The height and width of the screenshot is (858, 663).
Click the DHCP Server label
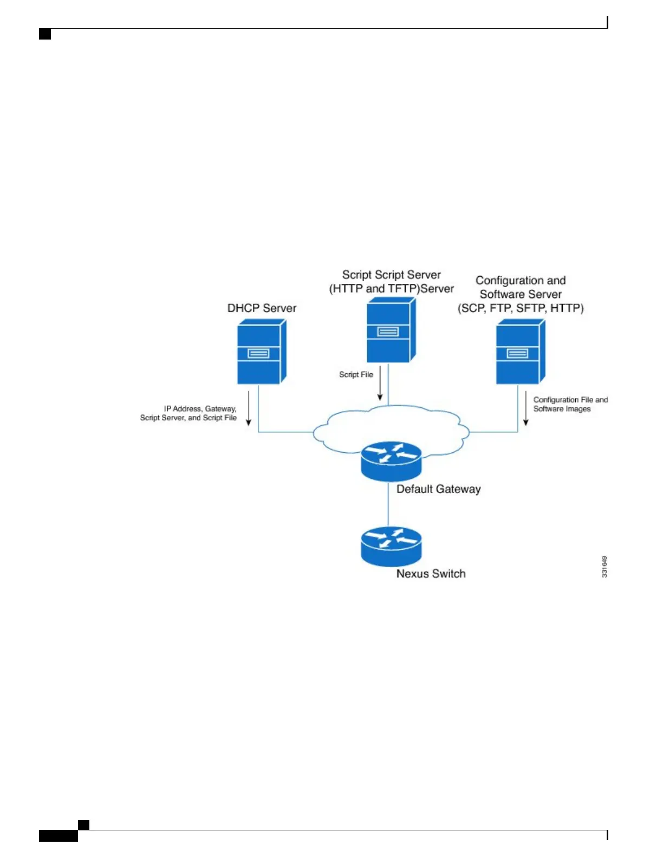(x=262, y=308)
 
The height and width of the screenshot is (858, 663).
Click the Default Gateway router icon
(x=391, y=460)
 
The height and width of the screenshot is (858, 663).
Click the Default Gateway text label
(x=438, y=489)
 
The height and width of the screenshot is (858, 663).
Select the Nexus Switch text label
(x=431, y=574)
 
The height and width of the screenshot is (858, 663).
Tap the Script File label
(x=356, y=374)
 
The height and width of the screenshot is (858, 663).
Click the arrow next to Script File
(x=380, y=383)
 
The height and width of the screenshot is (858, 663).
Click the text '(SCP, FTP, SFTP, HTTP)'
(x=521, y=308)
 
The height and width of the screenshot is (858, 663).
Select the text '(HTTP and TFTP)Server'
(x=391, y=289)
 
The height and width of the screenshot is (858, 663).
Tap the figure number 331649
(x=604, y=567)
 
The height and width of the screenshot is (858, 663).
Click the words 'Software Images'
(x=562, y=409)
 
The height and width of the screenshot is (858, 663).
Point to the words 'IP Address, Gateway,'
(x=200, y=408)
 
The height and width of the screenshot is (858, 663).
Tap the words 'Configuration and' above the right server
(x=521, y=281)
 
